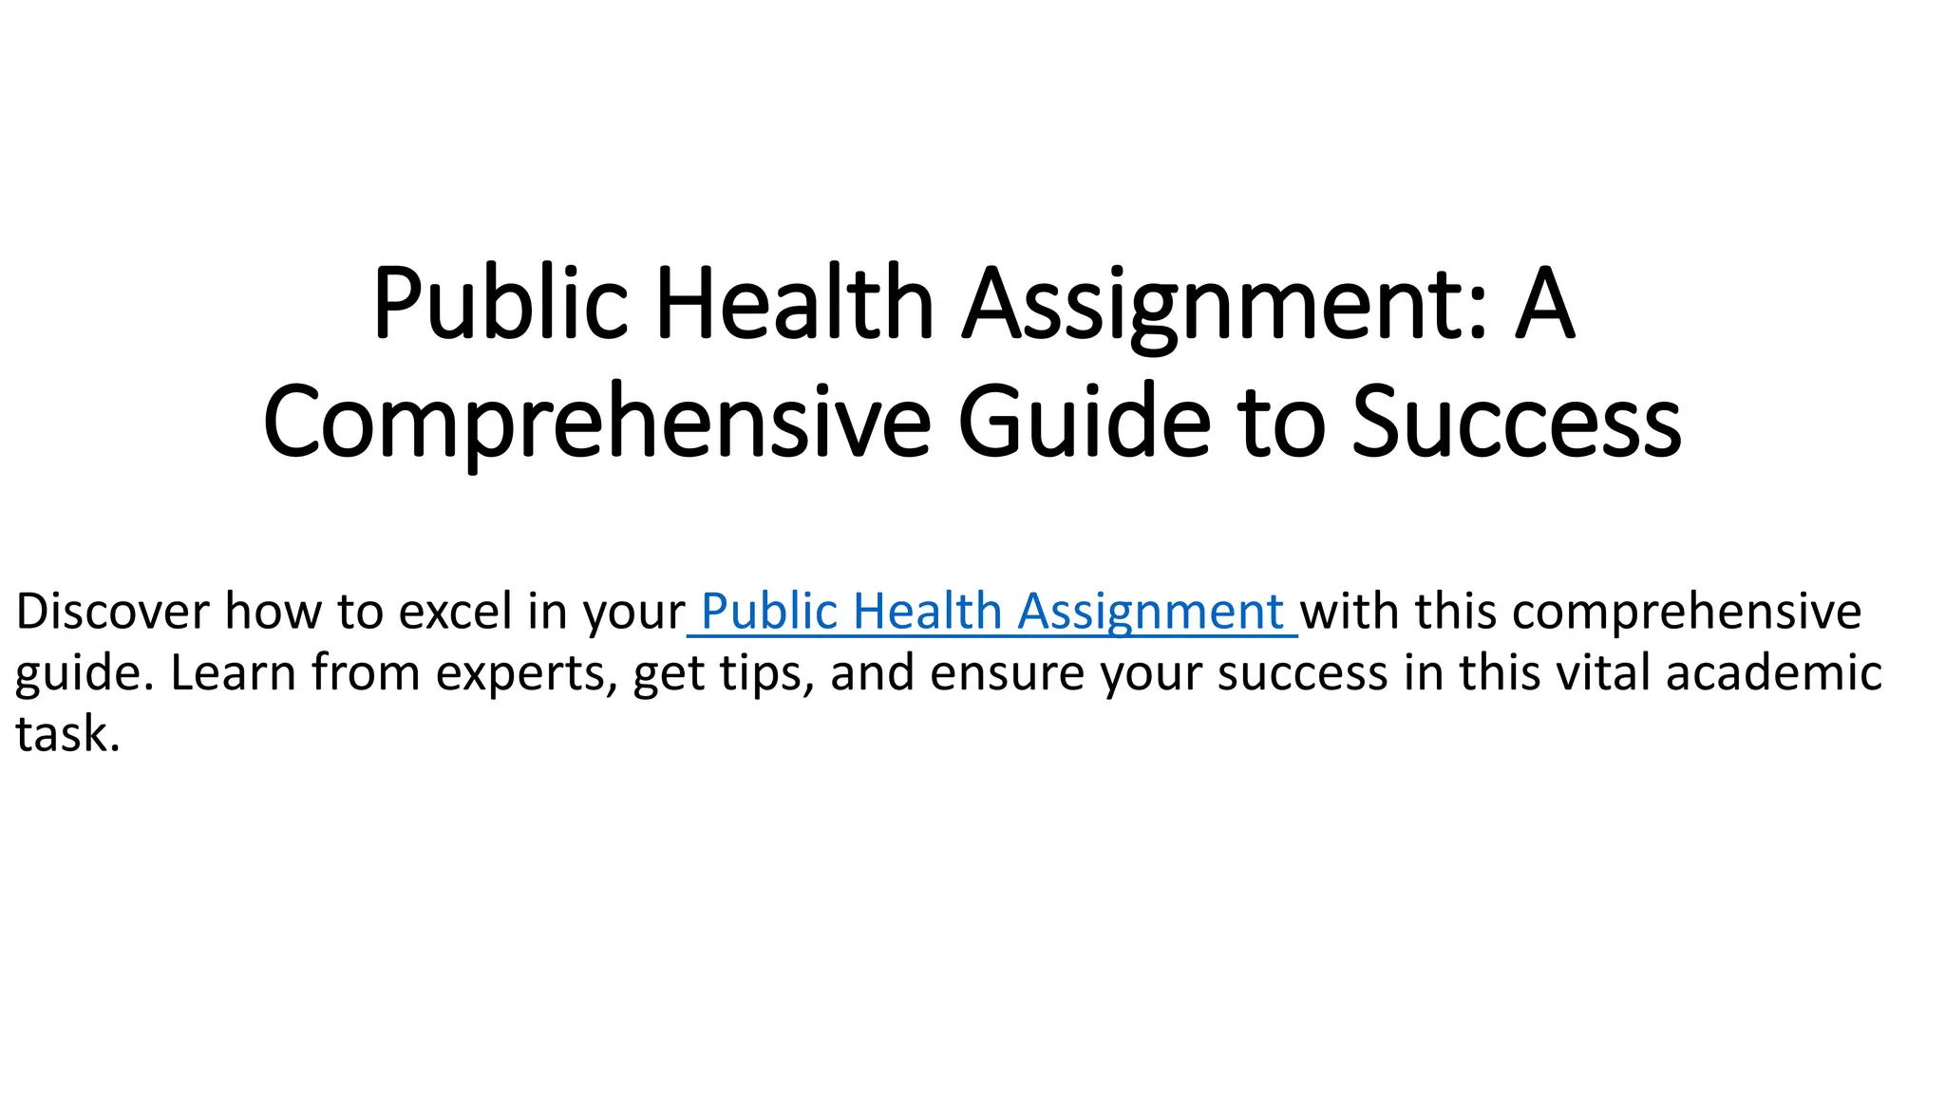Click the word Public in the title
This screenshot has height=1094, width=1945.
coord(500,303)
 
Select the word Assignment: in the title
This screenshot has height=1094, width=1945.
coord(1225,303)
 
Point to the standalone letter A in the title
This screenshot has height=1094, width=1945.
coord(1544,303)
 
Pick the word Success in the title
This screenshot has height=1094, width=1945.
coord(1516,422)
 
